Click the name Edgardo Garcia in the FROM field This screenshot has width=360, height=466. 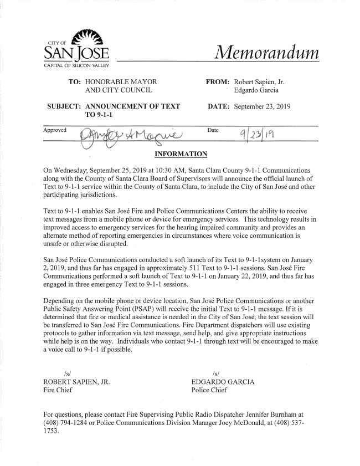(x=256, y=90)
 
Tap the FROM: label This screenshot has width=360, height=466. (x=218, y=81)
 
